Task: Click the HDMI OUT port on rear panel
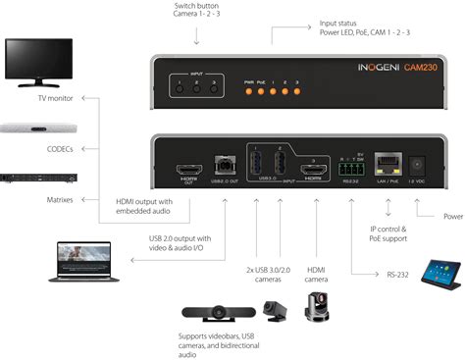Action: pyautogui.click(x=187, y=174)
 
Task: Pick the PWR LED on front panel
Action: pyautogui.click(x=249, y=91)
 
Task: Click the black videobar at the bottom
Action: pyautogui.click(x=216, y=317)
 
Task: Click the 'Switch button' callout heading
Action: pyautogui.click(x=196, y=7)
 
